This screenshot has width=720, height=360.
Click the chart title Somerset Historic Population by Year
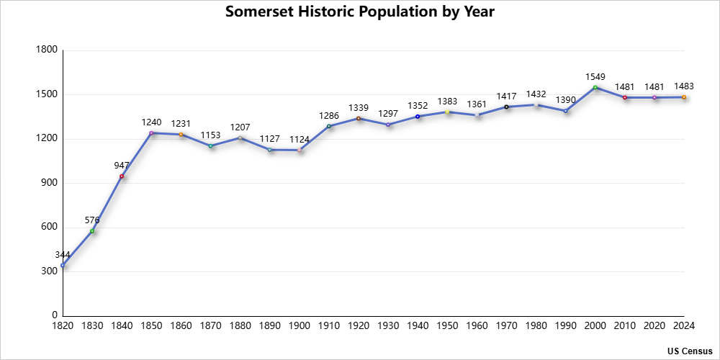pyautogui.click(x=360, y=12)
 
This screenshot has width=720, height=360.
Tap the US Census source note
pyautogui.click(x=689, y=351)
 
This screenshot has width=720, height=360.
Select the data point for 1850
pyautogui.click(x=152, y=133)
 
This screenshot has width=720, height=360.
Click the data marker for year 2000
pyautogui.click(x=595, y=88)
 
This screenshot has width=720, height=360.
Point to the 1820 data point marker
pyautogui.click(x=63, y=265)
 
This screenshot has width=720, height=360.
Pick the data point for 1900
pyautogui.click(x=300, y=150)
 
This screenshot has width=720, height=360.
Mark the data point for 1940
pyautogui.click(x=418, y=117)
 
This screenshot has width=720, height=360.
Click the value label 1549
pyautogui.click(x=595, y=77)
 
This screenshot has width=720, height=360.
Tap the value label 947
pyautogui.click(x=122, y=166)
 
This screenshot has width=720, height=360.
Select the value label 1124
pyautogui.click(x=300, y=139)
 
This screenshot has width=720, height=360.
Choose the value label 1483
pyautogui.click(x=684, y=86)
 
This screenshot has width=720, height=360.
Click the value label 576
pyautogui.click(x=92, y=220)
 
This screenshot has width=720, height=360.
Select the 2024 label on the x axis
pyautogui.click(x=683, y=326)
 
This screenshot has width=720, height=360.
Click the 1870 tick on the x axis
pyautogui.click(x=211, y=326)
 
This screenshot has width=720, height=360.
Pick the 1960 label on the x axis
pyautogui.click(x=477, y=326)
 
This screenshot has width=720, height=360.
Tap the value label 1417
pyautogui.click(x=506, y=96)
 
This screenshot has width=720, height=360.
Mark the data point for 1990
pyautogui.click(x=565, y=111)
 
